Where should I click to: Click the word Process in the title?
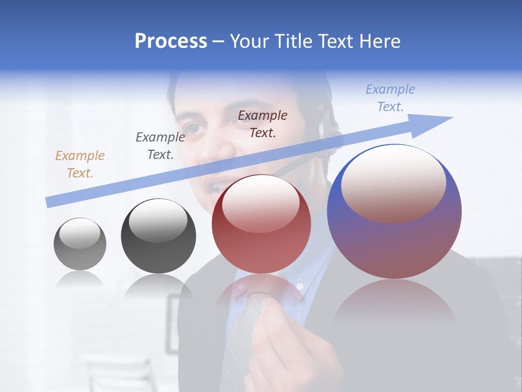tap(171, 41)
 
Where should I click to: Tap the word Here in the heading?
tap(378, 41)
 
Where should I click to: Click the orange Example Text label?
tap(80, 164)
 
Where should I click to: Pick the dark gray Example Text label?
tap(160, 146)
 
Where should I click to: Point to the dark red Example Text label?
tap(263, 124)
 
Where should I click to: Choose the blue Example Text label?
tap(390, 98)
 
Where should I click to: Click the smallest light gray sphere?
tap(80, 244)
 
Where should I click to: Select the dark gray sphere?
tap(158, 236)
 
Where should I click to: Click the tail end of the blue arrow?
tap(48, 203)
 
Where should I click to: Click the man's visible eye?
tap(200, 128)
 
